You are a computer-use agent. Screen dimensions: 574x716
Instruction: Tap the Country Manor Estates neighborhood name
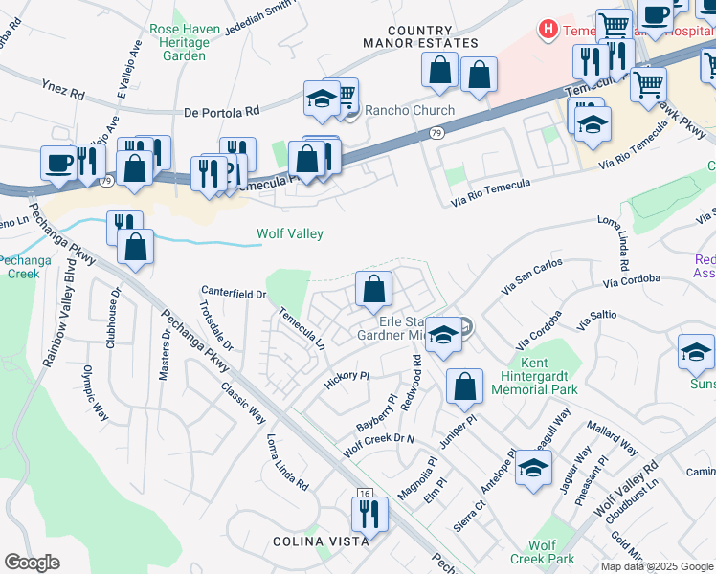(420, 36)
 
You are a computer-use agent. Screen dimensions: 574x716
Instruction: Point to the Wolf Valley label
(289, 233)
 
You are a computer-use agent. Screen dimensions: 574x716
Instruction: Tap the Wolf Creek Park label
(542, 551)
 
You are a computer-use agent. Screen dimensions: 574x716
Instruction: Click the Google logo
(32, 563)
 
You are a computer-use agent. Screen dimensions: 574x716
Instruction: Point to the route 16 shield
(364, 493)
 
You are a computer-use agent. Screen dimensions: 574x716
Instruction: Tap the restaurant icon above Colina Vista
(369, 514)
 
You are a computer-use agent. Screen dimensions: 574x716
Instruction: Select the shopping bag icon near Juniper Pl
(464, 386)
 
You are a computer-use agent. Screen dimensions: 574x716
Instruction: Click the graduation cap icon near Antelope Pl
(533, 468)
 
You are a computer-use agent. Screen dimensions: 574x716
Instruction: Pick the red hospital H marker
(548, 30)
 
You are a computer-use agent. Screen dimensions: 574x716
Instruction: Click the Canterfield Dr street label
(233, 293)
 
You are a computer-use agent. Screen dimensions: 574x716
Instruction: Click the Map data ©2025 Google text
(656, 566)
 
